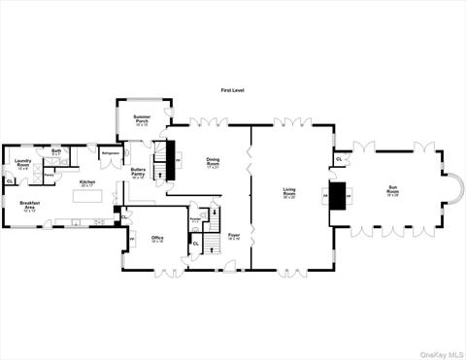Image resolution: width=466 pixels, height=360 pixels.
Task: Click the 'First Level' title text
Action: tap(233, 89)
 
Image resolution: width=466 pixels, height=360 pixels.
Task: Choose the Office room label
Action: tap(157, 239)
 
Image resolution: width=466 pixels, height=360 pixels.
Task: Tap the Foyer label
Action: tap(234, 236)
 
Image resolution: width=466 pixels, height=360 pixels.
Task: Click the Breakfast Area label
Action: tap(29, 205)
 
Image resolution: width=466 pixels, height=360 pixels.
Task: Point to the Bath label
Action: tap(56, 151)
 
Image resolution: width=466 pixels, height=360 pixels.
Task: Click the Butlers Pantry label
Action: tap(138, 175)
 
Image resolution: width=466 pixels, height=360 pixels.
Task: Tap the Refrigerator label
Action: tap(110, 152)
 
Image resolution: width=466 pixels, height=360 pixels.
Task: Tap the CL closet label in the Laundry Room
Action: tap(10, 180)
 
